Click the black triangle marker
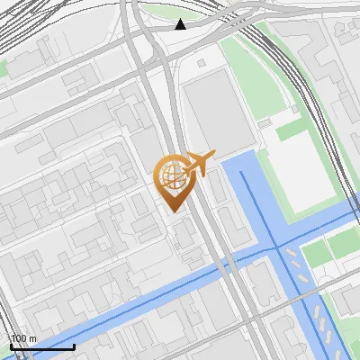[181, 23]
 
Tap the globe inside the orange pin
[172, 177]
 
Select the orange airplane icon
[199, 164]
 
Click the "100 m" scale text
[23, 338]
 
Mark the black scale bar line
[42, 346]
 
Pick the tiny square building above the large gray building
[200, 63]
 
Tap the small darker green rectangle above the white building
[292, 131]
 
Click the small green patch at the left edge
[4, 67]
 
